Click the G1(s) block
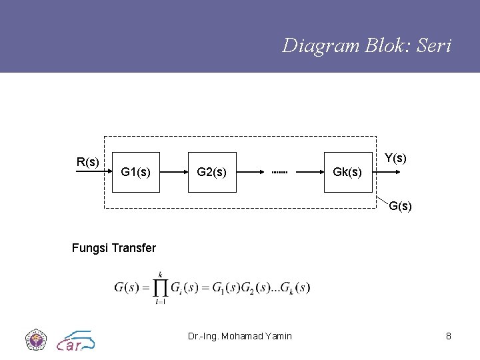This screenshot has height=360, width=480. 136,172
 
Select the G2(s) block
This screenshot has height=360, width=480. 212,172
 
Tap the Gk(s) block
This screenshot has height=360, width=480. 348,172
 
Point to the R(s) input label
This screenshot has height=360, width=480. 88,161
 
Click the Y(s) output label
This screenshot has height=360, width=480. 396,158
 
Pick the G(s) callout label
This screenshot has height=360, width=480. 400,206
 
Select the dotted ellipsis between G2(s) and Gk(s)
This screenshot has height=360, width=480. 279,173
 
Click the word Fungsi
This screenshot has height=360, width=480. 90,248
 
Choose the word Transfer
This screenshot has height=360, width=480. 134,248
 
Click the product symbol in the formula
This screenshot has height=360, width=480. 160,287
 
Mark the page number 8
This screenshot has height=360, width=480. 449,336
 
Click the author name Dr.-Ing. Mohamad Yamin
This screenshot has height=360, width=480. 240,336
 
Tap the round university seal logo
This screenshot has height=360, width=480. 35,339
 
